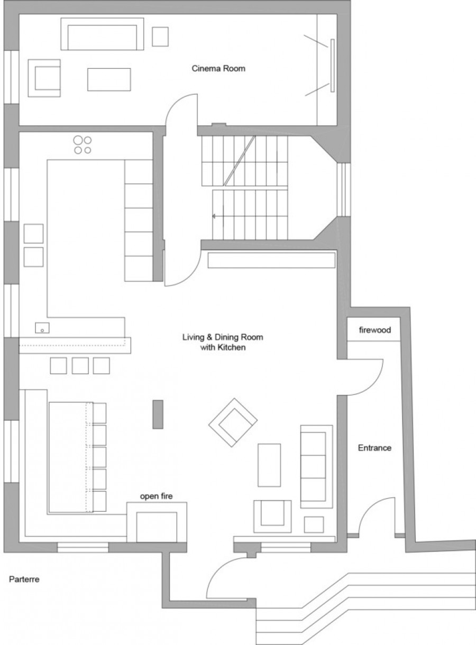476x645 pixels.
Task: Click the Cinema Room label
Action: tap(218, 69)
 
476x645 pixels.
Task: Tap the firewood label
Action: tap(375, 330)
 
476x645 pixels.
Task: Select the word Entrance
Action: tap(374, 448)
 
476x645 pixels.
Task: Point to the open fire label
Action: tap(156, 496)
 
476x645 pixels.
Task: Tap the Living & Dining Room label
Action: tap(223, 337)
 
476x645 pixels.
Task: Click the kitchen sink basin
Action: tap(42, 328)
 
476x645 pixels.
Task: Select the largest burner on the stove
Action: tap(78, 140)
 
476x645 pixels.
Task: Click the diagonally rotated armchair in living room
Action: tap(233, 422)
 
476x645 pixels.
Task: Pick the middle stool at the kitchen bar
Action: tap(80, 366)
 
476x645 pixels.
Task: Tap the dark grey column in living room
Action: tap(158, 414)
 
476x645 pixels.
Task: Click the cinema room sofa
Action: tap(102, 34)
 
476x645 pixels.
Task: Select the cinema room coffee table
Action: tap(109, 79)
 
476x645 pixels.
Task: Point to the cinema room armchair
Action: tap(44, 78)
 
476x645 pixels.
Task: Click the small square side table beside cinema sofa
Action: tap(160, 36)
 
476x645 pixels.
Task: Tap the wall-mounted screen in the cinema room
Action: tap(333, 66)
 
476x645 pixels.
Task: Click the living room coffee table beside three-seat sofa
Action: tap(269, 465)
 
